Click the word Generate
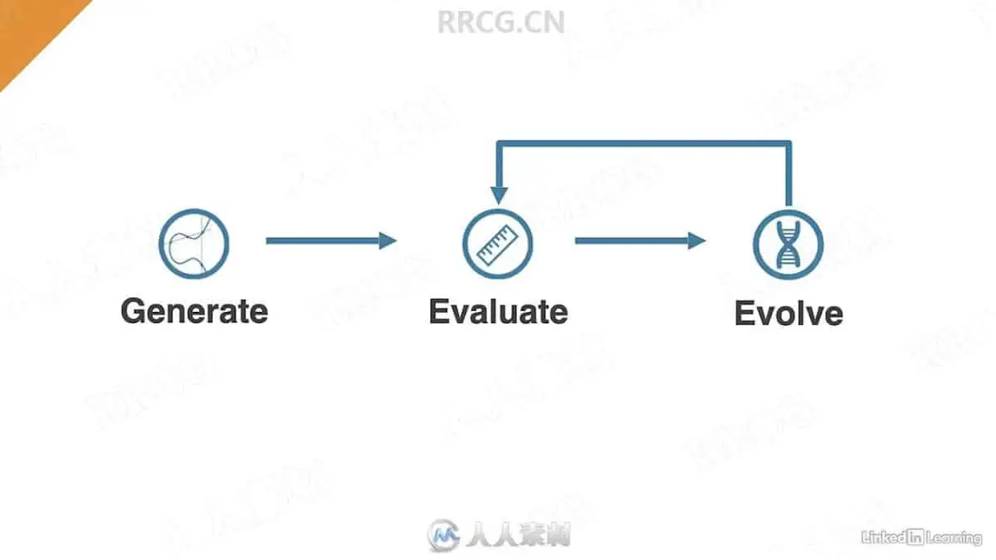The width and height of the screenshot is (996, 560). pyautogui.click(x=194, y=312)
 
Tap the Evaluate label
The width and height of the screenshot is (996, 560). pyautogui.click(x=498, y=312)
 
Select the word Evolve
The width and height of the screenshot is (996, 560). pyautogui.click(x=788, y=314)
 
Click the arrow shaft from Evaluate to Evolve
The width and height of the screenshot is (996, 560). pyautogui.click(x=631, y=241)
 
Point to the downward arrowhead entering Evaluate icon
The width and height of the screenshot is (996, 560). pyautogui.click(x=498, y=196)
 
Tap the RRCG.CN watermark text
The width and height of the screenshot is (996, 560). pyautogui.click(x=500, y=22)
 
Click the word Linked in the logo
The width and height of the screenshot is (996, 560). pyautogui.click(x=883, y=537)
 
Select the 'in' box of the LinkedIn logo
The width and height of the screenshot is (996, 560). pyautogui.click(x=915, y=537)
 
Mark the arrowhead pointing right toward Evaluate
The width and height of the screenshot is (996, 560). pyautogui.click(x=388, y=241)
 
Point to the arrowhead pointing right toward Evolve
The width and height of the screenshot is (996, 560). pyautogui.click(x=696, y=241)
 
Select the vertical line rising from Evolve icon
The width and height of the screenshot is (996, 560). pyautogui.click(x=788, y=174)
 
